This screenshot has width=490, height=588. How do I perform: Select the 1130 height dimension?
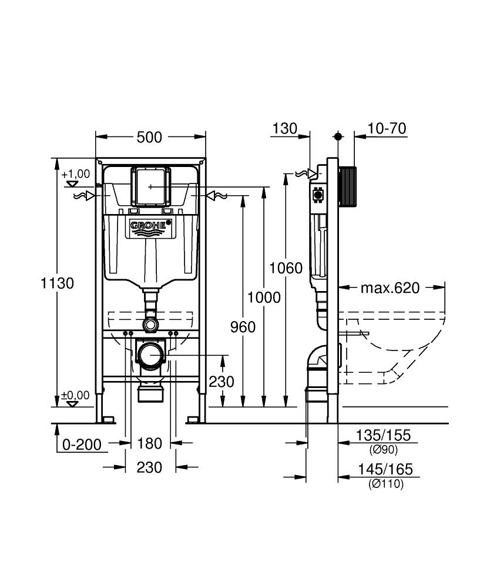click(x=58, y=283)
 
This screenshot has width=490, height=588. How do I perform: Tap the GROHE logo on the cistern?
click(x=150, y=226)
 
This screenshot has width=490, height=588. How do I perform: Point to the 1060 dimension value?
click(x=286, y=269)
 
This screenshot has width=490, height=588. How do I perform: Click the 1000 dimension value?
click(x=264, y=298)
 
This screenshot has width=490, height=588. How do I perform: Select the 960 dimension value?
click(x=242, y=326)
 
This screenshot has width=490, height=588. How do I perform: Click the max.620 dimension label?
click(x=390, y=288)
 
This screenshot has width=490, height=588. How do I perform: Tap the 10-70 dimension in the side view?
click(x=387, y=129)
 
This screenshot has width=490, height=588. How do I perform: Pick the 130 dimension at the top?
click(x=286, y=129)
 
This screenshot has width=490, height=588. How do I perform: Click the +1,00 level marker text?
click(x=75, y=173)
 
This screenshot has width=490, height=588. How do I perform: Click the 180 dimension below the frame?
click(x=150, y=443)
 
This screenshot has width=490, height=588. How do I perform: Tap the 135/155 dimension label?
click(x=383, y=436)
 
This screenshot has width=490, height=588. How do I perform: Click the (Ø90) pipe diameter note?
click(x=384, y=450)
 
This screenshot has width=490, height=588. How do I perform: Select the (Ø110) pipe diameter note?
click(x=385, y=484)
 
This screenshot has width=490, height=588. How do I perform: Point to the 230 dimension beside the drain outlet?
click(x=221, y=382)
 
